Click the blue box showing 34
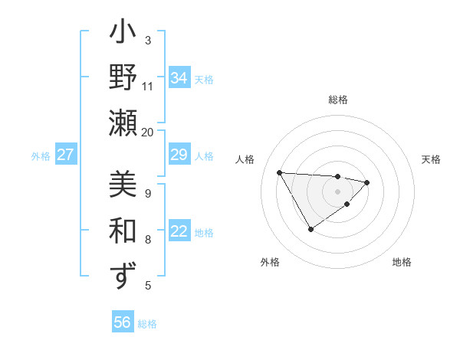coord(179,78)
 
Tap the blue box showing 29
coord(179,155)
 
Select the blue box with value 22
coord(179,231)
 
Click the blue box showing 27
coord(65,155)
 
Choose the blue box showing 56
coord(123,322)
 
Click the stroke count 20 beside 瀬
coord(148,132)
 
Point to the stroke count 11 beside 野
coord(148,86)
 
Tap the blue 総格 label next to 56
coord(147,324)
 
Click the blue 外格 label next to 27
coord(41,156)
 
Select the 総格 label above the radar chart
coord(337,100)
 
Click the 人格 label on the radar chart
coord(245,160)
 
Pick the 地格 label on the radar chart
coord(402,263)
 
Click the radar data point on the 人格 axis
coord(279,172)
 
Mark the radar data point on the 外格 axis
coord(310,229)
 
